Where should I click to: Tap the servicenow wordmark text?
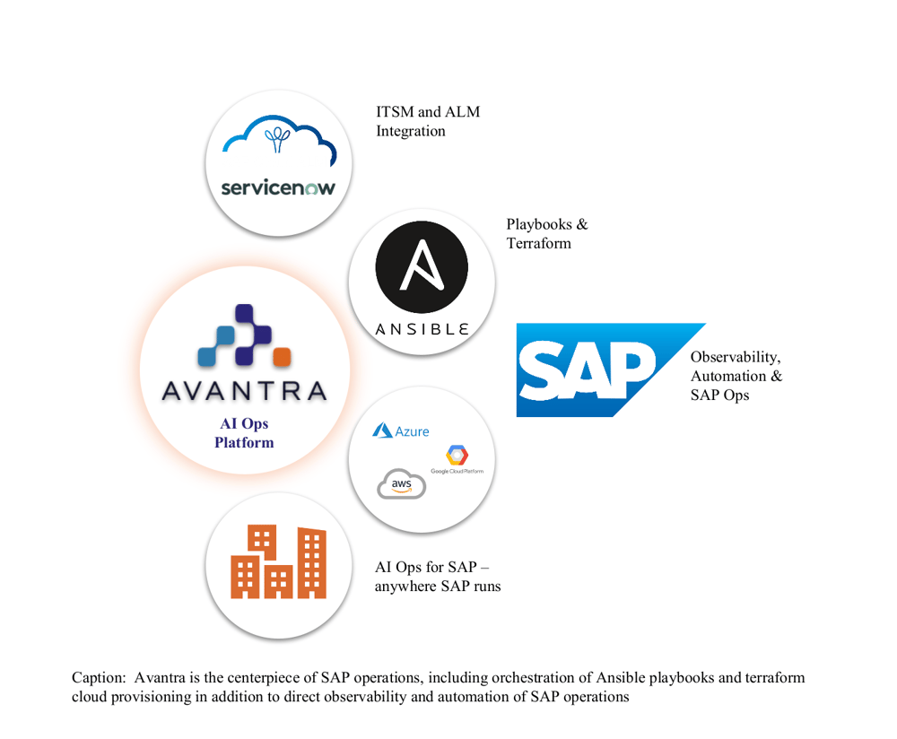(x=278, y=188)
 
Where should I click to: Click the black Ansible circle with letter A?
(x=421, y=267)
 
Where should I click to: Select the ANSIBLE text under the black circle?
(x=421, y=329)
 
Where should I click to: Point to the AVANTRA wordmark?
(x=244, y=391)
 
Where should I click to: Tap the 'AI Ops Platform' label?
(x=244, y=433)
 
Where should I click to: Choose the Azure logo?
(x=401, y=431)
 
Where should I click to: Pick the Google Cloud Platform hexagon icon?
(x=457, y=456)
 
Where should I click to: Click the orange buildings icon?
(x=279, y=562)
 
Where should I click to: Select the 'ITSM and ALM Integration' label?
(x=428, y=121)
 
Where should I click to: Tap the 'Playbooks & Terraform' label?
(x=546, y=233)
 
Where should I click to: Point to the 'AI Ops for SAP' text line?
(x=431, y=568)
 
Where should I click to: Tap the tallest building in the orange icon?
(x=312, y=562)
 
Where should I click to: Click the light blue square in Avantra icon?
(x=208, y=357)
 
